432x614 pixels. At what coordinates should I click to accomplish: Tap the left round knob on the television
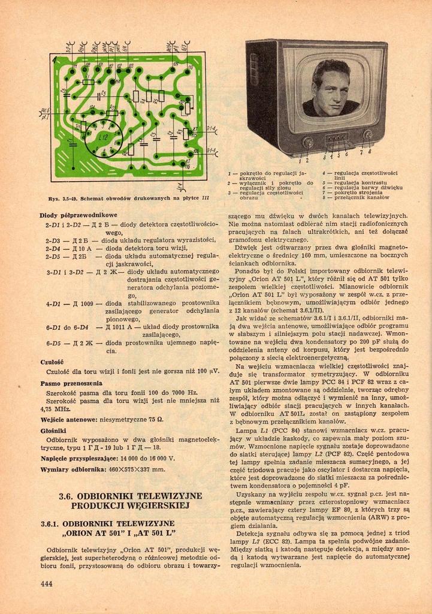307,142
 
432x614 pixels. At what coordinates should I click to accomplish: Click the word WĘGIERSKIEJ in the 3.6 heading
158,505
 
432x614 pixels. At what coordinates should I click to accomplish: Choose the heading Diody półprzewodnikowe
78,215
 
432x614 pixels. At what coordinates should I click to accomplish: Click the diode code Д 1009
84,303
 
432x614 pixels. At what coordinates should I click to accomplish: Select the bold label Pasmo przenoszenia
71,383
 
